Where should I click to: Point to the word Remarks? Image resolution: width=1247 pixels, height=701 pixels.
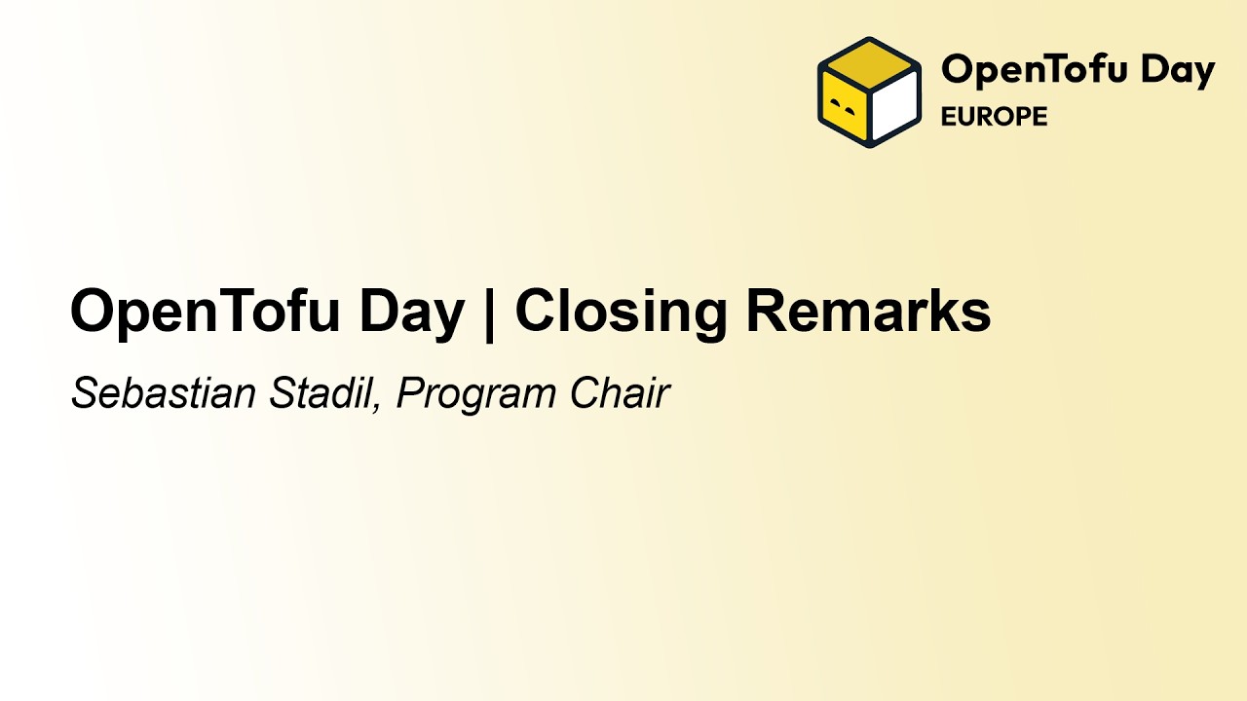pos(868,312)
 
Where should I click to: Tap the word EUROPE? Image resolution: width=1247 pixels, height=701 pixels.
pos(994,117)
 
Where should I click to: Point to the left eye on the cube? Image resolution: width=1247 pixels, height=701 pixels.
pos(835,100)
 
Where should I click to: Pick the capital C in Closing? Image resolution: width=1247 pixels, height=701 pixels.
pos(537,312)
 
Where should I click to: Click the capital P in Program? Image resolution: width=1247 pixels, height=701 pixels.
pos(408,393)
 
